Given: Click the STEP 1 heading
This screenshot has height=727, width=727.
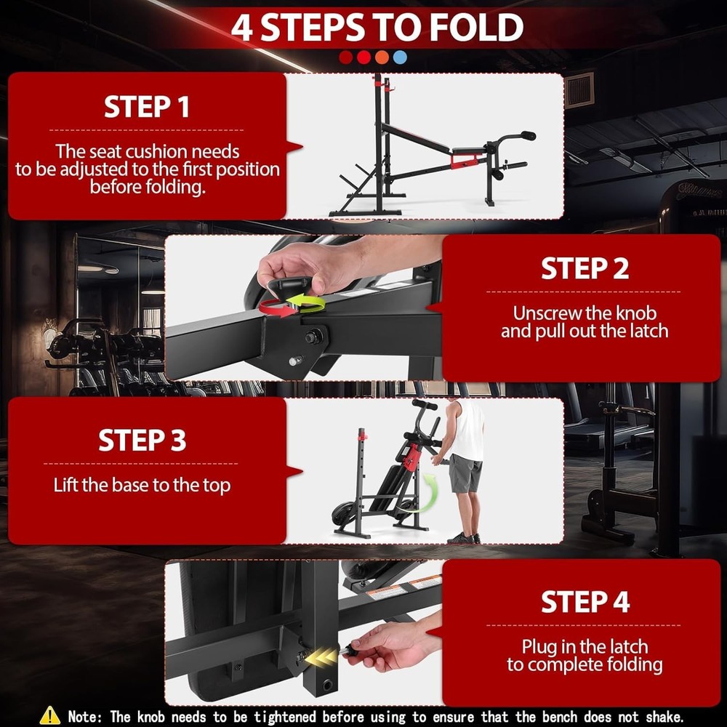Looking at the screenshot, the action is tap(147, 107).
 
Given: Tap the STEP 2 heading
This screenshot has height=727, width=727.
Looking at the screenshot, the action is tap(585, 268).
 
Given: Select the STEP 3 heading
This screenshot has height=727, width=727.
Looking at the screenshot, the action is tap(142, 440).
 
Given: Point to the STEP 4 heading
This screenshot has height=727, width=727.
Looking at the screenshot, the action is tap(585, 602).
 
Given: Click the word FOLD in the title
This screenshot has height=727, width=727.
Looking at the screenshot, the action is tap(476, 28).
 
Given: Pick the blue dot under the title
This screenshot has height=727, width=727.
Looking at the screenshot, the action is tap(400, 57).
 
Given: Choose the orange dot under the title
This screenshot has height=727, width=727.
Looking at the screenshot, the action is tap(382, 57).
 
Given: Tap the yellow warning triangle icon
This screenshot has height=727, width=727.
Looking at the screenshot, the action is tap(49, 715).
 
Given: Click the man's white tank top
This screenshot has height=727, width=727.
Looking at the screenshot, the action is tap(467, 430).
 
